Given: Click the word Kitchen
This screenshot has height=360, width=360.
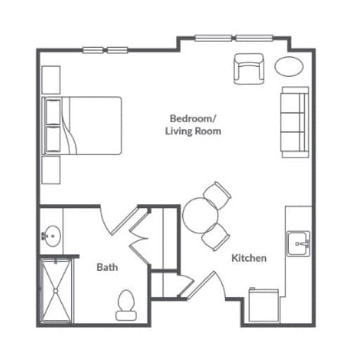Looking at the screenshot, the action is tap(249, 258).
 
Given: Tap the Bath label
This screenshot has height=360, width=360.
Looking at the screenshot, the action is tap(107, 267).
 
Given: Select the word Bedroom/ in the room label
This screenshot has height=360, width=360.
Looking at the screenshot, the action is tap(192, 118).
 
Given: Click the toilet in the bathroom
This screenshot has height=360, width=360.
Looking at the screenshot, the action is tap(126, 305).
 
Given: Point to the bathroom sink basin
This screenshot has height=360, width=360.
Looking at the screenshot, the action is tap(53, 236).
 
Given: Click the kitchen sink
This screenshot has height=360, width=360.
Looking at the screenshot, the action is tap(298, 244).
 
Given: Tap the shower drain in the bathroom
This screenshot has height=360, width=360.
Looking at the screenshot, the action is tap(56, 290).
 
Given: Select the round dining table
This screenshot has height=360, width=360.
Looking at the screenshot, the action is tap(200, 216).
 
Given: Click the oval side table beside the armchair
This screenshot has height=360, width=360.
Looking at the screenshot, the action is tap(289, 66).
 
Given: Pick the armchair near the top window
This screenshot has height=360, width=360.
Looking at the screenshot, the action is tap(249, 69).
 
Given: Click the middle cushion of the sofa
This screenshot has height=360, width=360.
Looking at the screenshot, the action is tap(293, 122).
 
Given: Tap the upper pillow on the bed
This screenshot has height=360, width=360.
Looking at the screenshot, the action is tap(53, 112).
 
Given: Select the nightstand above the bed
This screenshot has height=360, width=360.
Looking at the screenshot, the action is tap(51, 80).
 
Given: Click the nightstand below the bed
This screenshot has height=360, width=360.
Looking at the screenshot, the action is tap(51, 170).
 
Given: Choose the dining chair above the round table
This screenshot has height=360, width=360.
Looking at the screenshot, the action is tap(217, 195).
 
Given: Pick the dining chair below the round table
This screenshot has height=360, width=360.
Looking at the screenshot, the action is tap(215, 237).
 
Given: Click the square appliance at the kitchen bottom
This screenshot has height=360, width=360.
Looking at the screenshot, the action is tap(264, 305).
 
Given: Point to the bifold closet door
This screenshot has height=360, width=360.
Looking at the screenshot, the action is tap(140, 236).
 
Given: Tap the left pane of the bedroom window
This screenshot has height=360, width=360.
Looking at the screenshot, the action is tap(93, 50).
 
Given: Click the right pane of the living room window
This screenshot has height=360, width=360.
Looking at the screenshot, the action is tap(254, 38).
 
